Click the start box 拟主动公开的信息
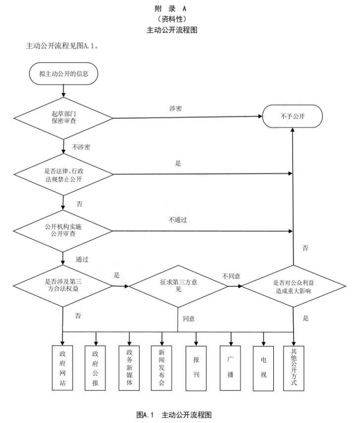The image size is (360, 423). (63, 74)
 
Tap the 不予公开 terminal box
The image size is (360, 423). (293, 117)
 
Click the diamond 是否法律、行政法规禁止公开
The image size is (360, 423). (63, 174)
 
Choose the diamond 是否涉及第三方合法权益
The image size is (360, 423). (63, 285)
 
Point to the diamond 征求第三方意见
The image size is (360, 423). (178, 285)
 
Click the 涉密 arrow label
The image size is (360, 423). (175, 108)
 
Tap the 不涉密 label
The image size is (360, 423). (81, 146)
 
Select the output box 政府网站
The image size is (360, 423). (62, 368)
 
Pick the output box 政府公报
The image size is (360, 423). (96, 368)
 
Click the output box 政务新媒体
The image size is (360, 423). (129, 368)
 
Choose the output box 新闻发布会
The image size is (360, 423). (162, 368)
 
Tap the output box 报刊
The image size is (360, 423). (196, 368)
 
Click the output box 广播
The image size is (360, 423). (230, 368)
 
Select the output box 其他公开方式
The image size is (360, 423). (294, 368)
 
